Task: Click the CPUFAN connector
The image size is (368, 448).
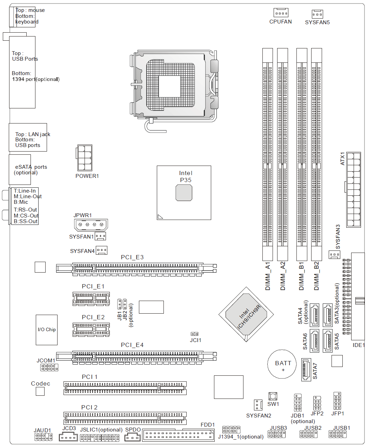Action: [x=281, y=13]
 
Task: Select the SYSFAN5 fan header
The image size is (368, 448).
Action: [x=317, y=14]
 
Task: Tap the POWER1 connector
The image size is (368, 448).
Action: [x=84, y=158]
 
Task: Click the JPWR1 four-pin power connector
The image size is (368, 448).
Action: [x=91, y=225]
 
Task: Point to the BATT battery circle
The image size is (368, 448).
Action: [x=282, y=364]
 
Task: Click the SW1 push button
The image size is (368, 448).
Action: [x=273, y=396]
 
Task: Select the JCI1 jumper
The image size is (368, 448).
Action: [x=194, y=334]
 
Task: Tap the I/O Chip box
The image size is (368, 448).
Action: [x=47, y=330]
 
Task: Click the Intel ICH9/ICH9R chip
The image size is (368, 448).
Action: [x=246, y=314]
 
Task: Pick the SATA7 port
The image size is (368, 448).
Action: [x=306, y=369]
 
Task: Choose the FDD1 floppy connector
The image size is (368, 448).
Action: [x=178, y=435]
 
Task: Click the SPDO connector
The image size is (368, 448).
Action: [x=133, y=437]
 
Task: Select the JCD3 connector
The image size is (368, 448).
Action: [x=68, y=437]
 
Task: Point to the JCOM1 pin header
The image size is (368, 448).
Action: [x=49, y=367]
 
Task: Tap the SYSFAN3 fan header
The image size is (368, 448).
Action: [x=334, y=255]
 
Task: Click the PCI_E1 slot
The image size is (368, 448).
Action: [x=91, y=299]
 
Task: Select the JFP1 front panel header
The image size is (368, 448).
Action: [x=337, y=401]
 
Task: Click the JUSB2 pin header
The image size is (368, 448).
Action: [x=308, y=434]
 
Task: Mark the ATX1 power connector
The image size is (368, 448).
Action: [x=353, y=189]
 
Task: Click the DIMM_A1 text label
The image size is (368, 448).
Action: [x=268, y=276]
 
